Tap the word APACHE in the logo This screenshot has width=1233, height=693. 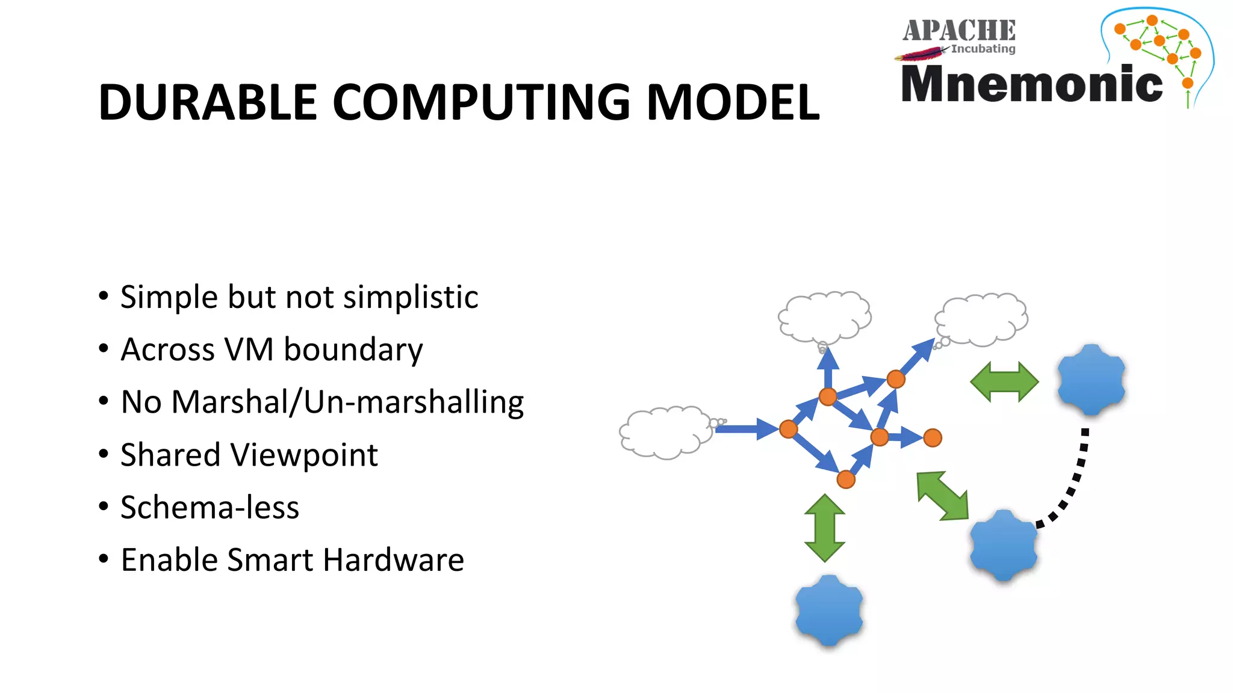(958, 31)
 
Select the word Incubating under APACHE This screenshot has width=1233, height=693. (983, 49)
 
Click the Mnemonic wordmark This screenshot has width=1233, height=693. (1031, 84)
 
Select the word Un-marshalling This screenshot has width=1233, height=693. (414, 402)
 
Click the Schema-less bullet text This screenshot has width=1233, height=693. (210, 507)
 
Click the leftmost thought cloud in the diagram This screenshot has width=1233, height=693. (665, 433)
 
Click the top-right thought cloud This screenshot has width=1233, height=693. (982, 319)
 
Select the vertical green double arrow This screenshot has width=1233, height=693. (824, 528)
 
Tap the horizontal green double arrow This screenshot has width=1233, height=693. (1004, 382)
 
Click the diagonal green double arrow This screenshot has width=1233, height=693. (942, 496)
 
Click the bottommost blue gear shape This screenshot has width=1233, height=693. (829, 610)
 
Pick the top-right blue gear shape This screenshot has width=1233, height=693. (1091, 380)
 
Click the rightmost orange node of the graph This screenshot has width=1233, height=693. (932, 438)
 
